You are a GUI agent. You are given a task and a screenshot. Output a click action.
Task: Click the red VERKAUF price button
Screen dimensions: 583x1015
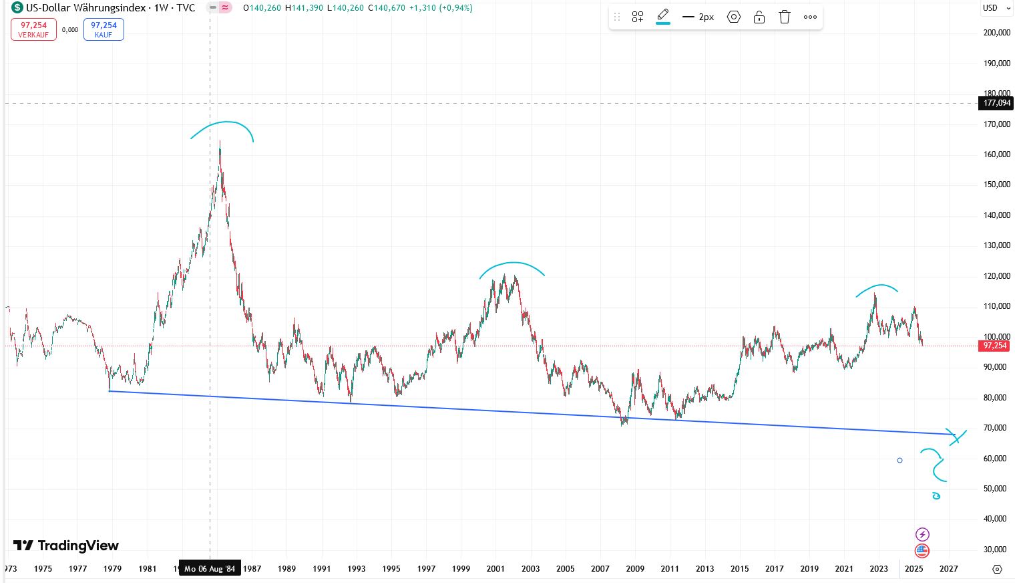point(33,29)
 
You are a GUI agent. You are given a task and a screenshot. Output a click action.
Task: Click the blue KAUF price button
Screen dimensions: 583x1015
point(104,29)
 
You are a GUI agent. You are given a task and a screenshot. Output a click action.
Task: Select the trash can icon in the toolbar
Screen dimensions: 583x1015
point(785,17)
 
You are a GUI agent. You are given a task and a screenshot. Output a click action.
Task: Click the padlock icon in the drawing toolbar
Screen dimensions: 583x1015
point(759,17)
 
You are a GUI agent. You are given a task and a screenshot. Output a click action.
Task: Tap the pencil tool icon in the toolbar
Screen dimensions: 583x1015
point(663,16)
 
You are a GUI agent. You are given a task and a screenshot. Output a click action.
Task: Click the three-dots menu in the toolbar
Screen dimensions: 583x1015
point(810,17)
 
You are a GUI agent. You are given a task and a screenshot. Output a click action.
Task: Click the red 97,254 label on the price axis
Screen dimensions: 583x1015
point(995,346)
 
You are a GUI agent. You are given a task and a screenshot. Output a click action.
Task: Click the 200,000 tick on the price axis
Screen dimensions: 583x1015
point(996,33)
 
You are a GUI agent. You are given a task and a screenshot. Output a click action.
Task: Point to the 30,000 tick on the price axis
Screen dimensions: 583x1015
point(996,550)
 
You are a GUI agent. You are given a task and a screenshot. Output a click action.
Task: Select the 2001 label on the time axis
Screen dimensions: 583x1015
point(495,569)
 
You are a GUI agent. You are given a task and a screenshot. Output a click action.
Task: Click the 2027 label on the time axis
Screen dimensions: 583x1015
point(948,569)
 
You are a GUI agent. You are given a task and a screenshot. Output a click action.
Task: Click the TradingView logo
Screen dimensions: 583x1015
point(66,546)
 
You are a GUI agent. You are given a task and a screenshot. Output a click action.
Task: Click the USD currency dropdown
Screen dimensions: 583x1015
point(995,8)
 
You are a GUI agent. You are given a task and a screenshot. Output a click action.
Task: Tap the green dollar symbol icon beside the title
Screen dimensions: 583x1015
point(17,8)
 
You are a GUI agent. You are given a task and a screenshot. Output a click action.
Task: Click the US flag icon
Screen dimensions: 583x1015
point(922,551)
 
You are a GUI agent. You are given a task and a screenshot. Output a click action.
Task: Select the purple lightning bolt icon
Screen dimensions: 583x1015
point(922,534)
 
